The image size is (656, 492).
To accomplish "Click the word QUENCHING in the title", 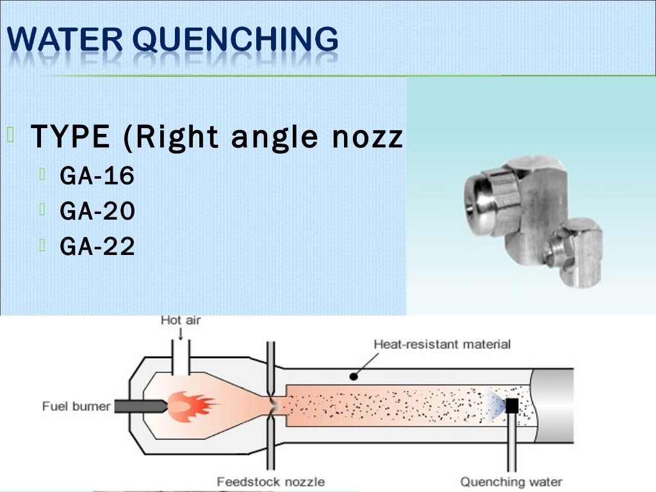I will tap(238, 40).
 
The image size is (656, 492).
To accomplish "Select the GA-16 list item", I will tap(97, 176).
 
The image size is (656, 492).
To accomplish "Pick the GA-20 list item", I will tap(97, 211).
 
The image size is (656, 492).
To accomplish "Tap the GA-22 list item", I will tap(97, 246).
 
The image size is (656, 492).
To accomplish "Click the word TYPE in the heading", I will tap(70, 136).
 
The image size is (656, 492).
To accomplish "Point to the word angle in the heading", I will tap(286, 138).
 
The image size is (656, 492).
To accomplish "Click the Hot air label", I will tap(180, 320).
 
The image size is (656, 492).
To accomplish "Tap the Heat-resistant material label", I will tap(442, 345).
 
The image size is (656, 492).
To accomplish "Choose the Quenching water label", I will tap(511, 482).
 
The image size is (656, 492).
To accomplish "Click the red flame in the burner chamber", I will tap(192, 406).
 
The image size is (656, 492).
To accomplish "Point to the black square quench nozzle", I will tap(511, 406).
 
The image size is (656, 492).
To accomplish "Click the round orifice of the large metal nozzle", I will tap(477, 203).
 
